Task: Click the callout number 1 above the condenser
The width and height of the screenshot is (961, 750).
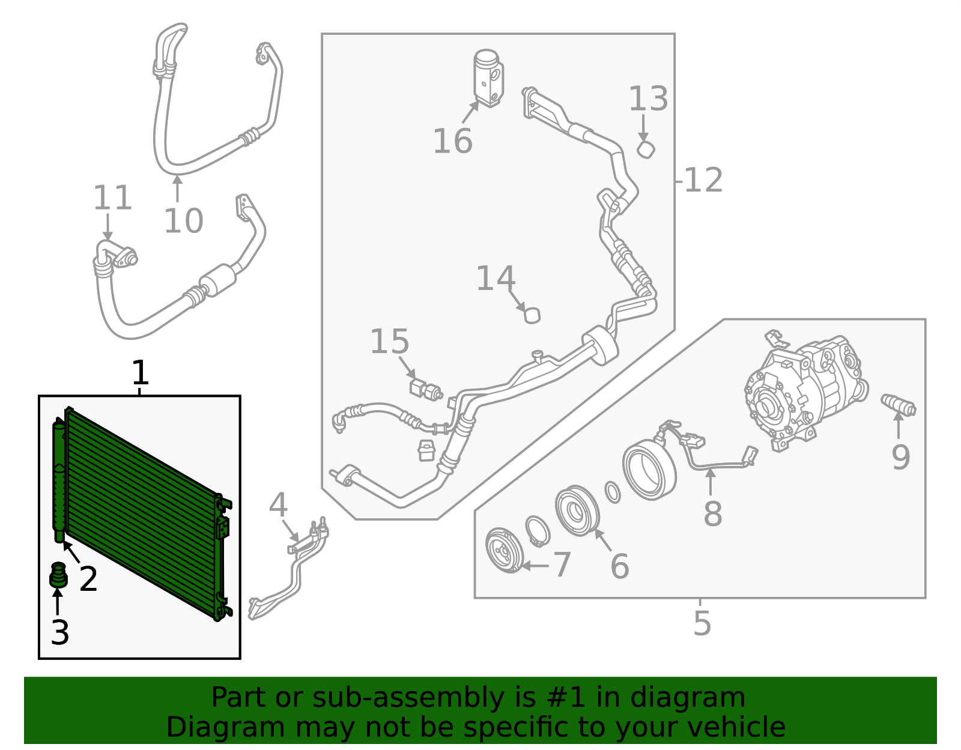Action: [x=139, y=373]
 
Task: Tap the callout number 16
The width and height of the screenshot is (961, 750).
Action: [x=452, y=142]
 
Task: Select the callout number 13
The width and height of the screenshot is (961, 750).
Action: [x=648, y=99]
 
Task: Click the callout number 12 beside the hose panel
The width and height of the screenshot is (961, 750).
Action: [x=703, y=180]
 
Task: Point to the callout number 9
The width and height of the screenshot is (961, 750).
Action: [x=900, y=458]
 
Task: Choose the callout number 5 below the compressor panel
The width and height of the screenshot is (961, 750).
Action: [x=702, y=624]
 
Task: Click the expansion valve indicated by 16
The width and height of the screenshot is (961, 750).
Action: [x=488, y=78]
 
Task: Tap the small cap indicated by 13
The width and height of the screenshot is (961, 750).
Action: [x=646, y=150]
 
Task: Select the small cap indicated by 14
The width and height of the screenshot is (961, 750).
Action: [x=532, y=315]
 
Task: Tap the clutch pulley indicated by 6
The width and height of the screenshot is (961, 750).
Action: [x=577, y=511]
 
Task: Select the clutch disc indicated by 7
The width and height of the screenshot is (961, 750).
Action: [x=503, y=550]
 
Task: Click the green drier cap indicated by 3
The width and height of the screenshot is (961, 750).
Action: [x=58, y=576]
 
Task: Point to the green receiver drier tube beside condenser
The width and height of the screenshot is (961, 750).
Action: [x=59, y=480]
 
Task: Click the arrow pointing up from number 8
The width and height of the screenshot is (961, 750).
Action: [x=711, y=482]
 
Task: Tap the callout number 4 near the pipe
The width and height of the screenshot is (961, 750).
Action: [x=278, y=506]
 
